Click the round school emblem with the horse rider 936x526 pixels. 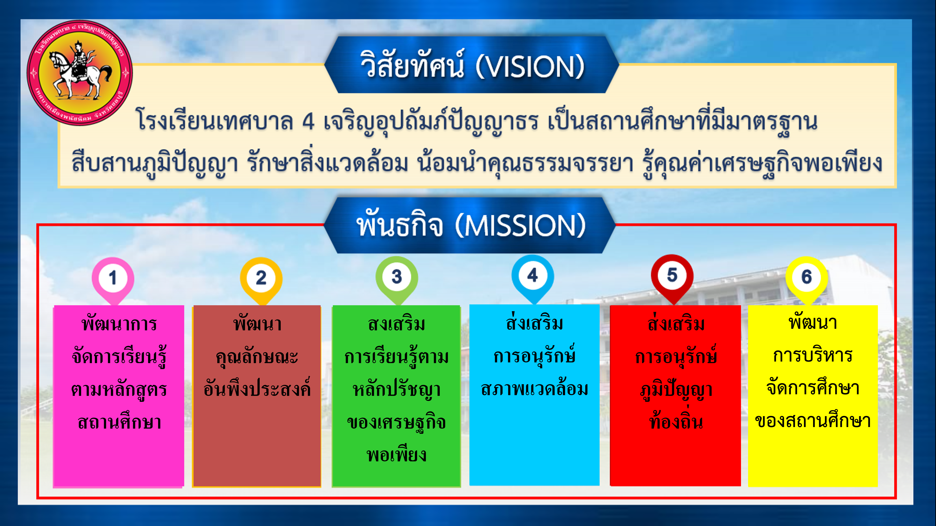click(80, 73)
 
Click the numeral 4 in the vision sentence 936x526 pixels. click(308, 121)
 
